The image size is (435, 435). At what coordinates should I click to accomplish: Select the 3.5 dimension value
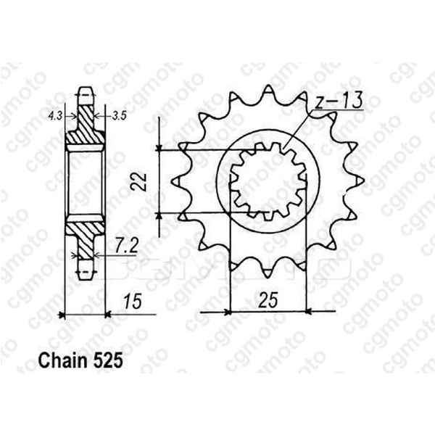pyautogui.click(x=120, y=115)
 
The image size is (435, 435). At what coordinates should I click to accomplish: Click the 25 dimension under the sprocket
pyautogui.click(x=269, y=298)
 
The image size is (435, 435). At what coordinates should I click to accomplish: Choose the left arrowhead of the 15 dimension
pyautogui.click(x=62, y=315)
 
